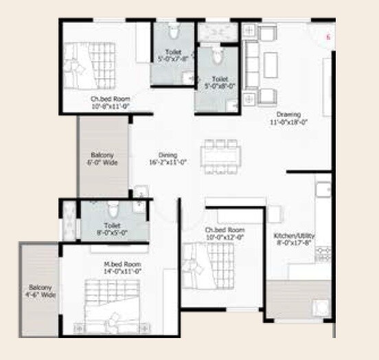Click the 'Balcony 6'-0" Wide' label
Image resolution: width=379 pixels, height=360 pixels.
coord(102,159)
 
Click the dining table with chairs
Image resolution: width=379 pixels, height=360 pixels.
coord(220,157)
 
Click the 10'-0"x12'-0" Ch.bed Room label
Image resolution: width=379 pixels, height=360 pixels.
coord(225,233)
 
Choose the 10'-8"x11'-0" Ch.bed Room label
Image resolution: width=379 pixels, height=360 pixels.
coord(111,103)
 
